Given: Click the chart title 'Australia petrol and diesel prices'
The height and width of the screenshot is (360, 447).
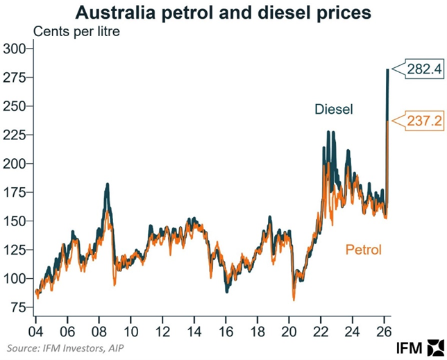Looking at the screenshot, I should tap(223, 12).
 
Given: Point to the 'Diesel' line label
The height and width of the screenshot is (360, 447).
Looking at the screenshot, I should tap(334, 110).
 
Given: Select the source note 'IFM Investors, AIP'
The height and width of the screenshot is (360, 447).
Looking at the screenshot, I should tap(66, 347).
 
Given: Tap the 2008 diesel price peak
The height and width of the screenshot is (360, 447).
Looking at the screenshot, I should tap(108, 185).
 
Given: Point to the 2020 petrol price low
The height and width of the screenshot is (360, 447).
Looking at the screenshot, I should tap(294, 299).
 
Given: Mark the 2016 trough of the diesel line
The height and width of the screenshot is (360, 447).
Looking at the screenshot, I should tap(227, 291).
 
